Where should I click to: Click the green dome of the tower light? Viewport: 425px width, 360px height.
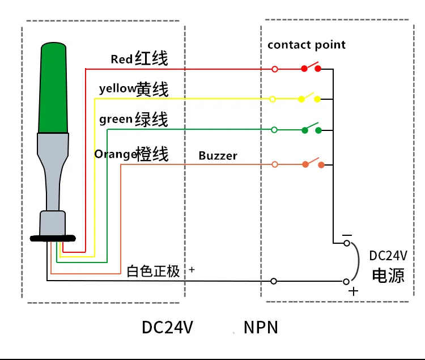pyautogui.click(x=53, y=87)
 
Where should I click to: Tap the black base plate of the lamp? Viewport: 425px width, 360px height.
pyautogui.click(x=53, y=239)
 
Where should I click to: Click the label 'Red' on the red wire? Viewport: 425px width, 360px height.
pyautogui.click(x=122, y=59)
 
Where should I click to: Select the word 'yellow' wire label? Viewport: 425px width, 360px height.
pyautogui.click(x=117, y=88)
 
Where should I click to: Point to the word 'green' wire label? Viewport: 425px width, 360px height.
pyautogui.click(x=116, y=119)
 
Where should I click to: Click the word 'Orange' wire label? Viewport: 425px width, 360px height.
pyautogui.click(x=115, y=154)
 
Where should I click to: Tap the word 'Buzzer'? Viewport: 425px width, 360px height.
pyautogui.click(x=218, y=155)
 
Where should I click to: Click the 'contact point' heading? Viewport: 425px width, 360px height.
pyautogui.click(x=307, y=45)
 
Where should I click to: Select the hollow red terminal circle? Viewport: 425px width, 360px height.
pyautogui.click(x=275, y=69)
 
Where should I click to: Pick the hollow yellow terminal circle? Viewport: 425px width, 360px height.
pyautogui.click(x=273, y=99)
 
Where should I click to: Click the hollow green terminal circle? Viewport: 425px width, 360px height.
pyautogui.click(x=274, y=130)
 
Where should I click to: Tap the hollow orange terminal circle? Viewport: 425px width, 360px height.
pyautogui.click(x=275, y=164)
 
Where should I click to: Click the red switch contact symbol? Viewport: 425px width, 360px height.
pyautogui.click(x=311, y=67)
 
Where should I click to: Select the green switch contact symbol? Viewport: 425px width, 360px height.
pyautogui.click(x=312, y=128)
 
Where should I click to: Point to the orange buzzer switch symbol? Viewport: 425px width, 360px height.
pyautogui.click(x=313, y=163)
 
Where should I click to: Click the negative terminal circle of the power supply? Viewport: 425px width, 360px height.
pyautogui.click(x=347, y=243)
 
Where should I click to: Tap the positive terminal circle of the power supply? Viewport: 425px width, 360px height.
pyautogui.click(x=346, y=282)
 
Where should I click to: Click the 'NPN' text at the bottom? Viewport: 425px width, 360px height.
pyautogui.click(x=261, y=327)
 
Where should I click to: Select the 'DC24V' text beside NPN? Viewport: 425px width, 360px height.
pyautogui.click(x=167, y=327)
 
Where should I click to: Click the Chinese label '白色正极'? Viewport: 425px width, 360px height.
pyautogui.click(x=153, y=271)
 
